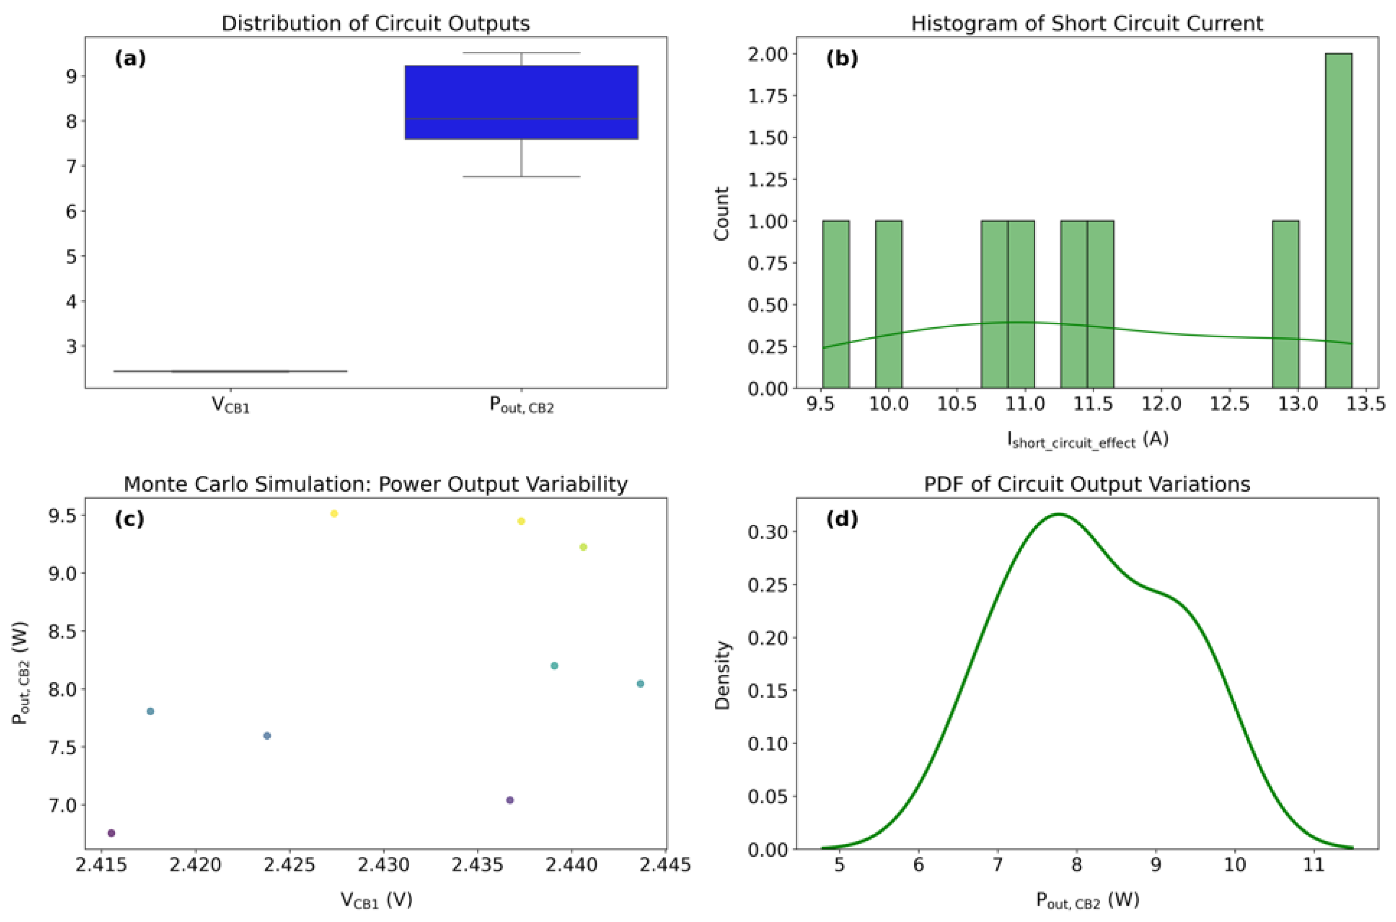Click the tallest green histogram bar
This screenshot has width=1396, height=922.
(1338, 221)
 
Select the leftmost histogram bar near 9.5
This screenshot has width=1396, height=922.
(835, 304)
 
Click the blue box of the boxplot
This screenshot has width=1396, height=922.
(521, 102)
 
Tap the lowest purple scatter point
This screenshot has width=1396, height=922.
(112, 833)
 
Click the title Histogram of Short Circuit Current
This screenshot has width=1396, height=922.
(1087, 23)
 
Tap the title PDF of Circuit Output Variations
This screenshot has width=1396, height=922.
(1087, 484)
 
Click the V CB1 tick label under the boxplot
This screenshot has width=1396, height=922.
(231, 405)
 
